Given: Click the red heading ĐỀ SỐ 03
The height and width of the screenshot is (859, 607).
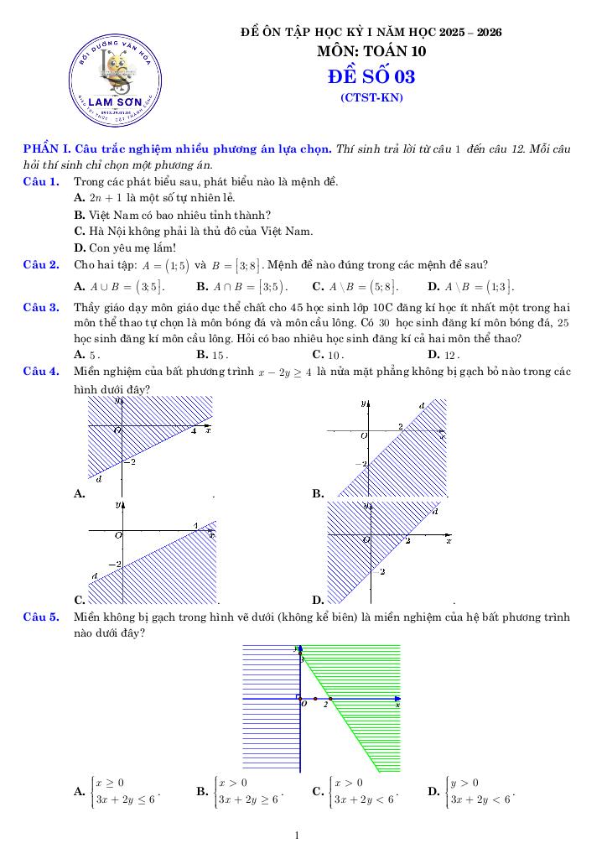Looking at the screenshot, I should click(x=371, y=77).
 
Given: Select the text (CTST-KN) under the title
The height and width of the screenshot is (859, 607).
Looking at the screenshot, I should click(x=371, y=98).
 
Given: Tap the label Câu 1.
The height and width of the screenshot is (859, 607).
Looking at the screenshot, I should click(x=40, y=181).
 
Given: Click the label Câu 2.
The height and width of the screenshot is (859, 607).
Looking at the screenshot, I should click(x=40, y=265).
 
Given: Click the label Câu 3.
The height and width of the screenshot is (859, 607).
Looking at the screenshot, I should click(x=40, y=307).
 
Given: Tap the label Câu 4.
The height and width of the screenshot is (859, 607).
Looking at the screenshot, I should click(x=40, y=370).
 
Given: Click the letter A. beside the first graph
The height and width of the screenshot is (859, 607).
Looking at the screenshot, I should click(x=80, y=494).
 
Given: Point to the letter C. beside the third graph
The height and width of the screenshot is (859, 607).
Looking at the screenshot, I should click(x=80, y=600).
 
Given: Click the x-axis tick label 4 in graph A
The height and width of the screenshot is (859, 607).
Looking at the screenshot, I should click(x=194, y=431).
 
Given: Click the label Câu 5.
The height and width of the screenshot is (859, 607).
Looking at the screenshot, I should click(x=40, y=617).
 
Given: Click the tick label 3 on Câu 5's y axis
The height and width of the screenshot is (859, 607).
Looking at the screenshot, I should click(x=303, y=662).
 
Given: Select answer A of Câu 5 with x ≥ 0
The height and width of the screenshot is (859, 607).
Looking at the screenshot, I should click(x=117, y=791).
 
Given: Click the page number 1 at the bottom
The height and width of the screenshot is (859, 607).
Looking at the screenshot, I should click(x=297, y=836).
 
